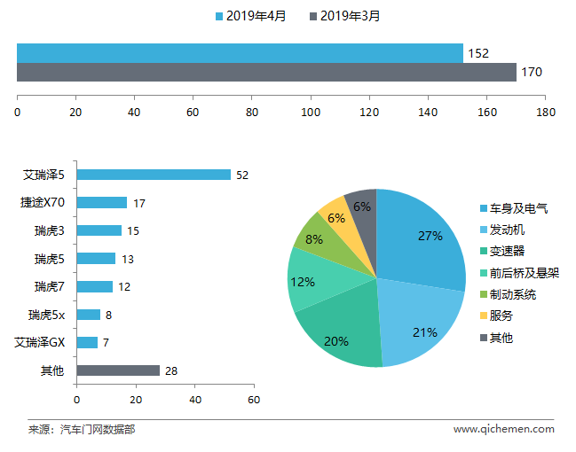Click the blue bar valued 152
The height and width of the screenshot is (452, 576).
coord(240,53)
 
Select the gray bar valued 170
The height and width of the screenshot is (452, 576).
coord(266,73)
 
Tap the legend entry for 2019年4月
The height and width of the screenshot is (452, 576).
coord(250,16)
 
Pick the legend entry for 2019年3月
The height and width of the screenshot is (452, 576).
coord(344,16)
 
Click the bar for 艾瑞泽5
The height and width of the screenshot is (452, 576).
coord(154,175)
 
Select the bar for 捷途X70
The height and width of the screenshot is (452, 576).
coord(102,203)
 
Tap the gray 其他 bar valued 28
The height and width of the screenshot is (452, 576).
coord(118,370)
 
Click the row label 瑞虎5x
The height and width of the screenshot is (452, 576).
coord(47,315)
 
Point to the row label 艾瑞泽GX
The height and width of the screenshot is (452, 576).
coord(40,343)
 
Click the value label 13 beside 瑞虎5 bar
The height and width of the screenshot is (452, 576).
coord(128,260)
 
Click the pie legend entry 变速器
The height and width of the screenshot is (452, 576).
coord(502,252)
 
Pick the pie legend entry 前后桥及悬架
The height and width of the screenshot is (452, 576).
coord(520,273)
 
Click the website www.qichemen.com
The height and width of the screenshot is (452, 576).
coord(504,429)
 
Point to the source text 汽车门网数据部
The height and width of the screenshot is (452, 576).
coord(98,429)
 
